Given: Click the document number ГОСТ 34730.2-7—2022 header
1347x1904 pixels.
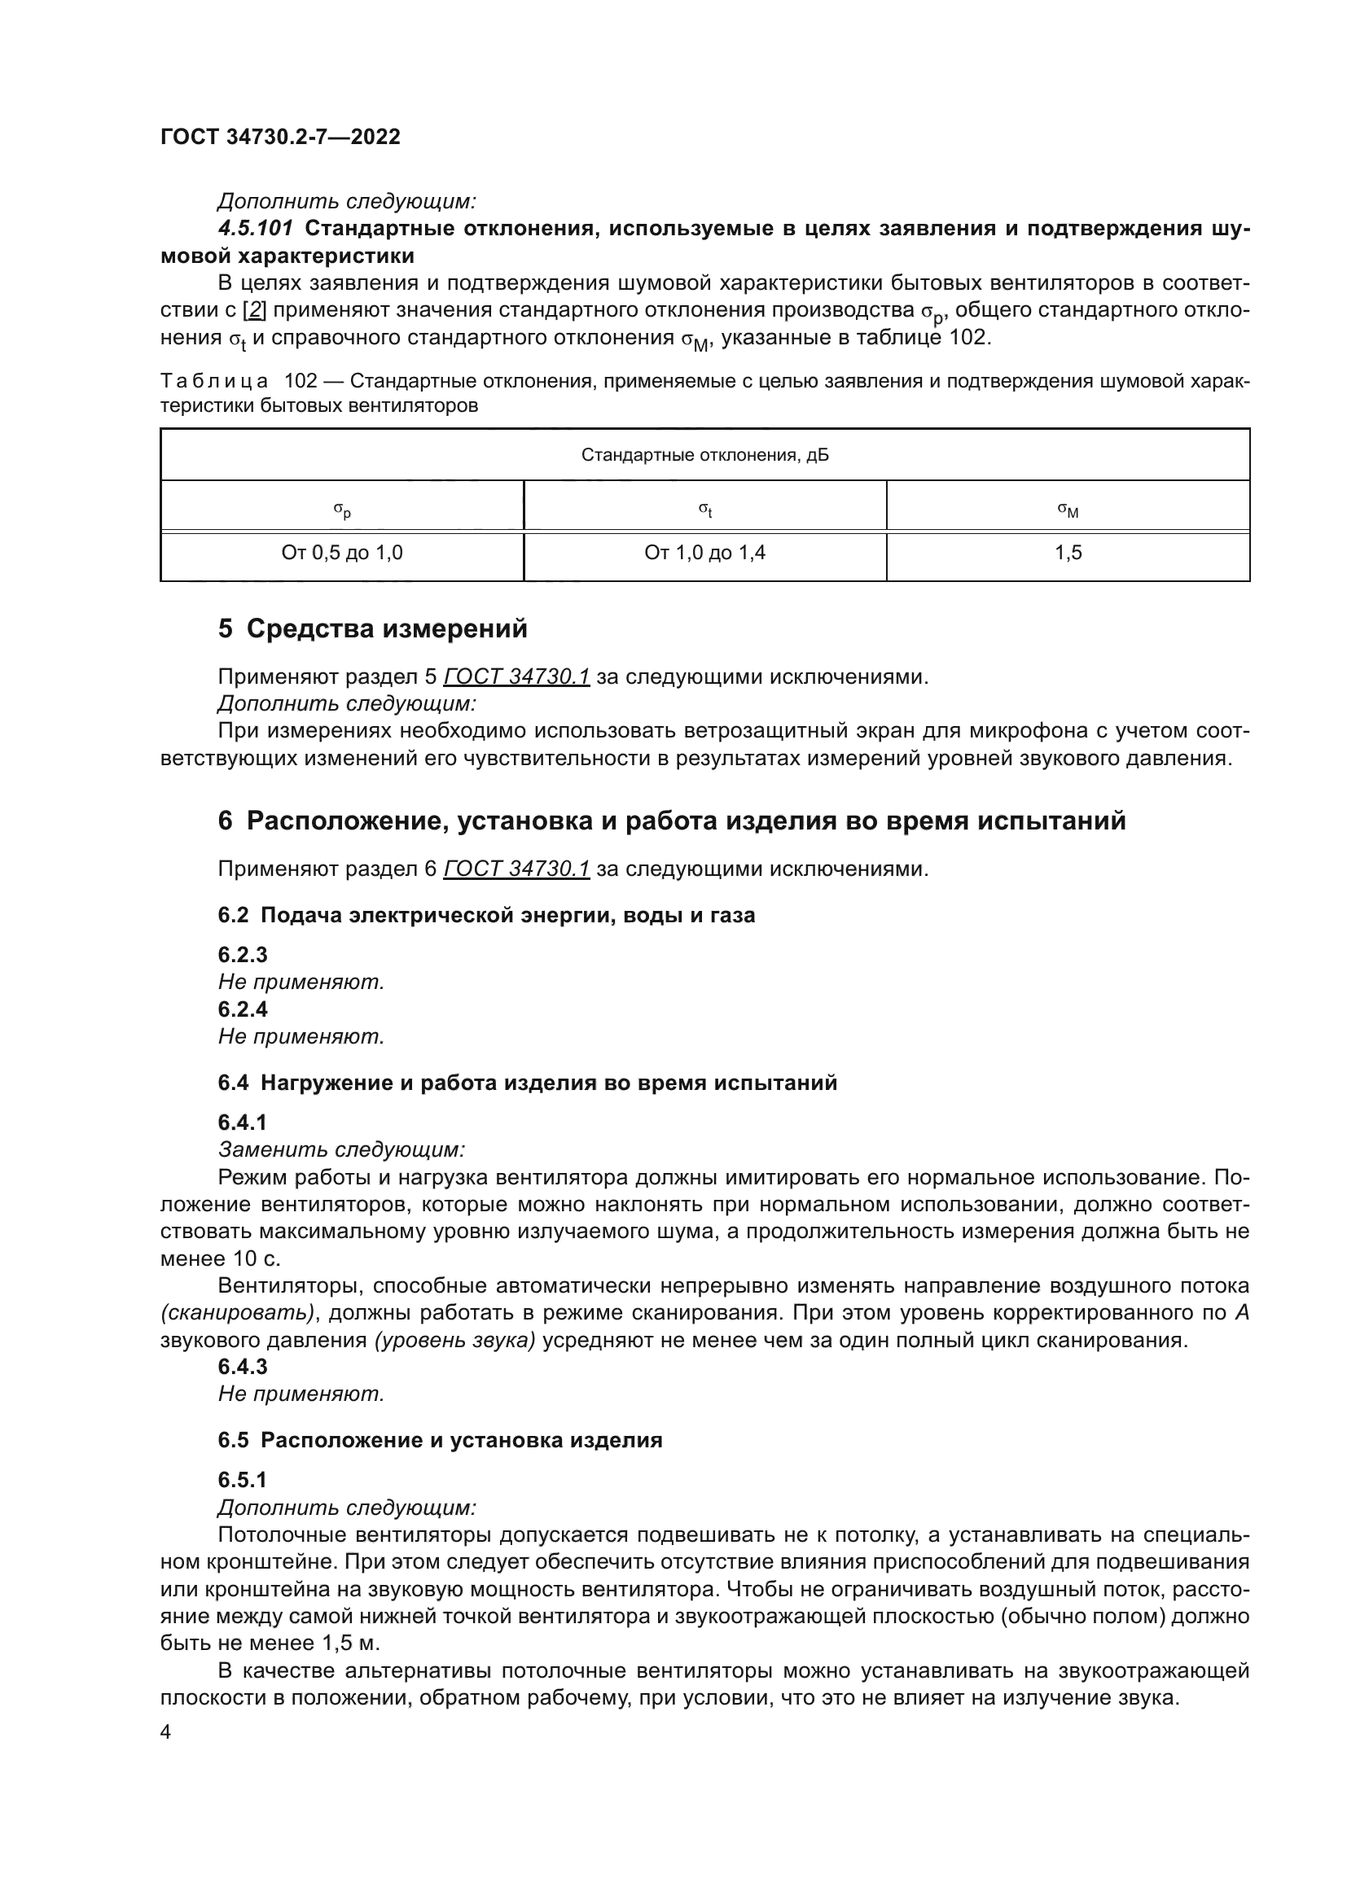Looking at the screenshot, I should tap(279, 137).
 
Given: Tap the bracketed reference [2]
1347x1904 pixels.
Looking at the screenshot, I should tap(254, 310).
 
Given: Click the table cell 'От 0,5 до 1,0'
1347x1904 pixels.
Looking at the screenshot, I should tap(342, 553).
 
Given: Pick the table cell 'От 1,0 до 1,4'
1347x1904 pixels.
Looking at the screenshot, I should tap(704, 553).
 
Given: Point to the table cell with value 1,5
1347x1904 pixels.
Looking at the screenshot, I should tap(1068, 553).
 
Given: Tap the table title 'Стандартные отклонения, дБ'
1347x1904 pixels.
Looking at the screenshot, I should tap(704, 455).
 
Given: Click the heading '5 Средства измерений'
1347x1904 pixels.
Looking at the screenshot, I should tap(372, 628).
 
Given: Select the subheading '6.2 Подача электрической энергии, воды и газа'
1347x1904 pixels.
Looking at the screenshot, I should tap(486, 916).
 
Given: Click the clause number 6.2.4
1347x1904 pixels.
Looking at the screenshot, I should tap(242, 1009).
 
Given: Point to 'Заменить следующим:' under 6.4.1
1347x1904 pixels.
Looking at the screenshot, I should tap(341, 1149).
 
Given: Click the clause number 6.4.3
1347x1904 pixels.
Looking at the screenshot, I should tap(242, 1367).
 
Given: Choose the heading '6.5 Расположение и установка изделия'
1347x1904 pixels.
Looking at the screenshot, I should tap(440, 1441).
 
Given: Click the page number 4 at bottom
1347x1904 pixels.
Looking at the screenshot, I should tap(166, 1733).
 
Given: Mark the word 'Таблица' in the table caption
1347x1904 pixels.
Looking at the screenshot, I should tap(214, 382).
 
